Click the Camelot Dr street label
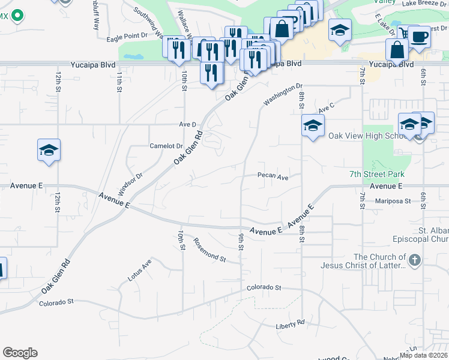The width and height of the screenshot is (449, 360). click(x=166, y=146)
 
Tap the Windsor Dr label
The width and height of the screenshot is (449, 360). click(x=130, y=184)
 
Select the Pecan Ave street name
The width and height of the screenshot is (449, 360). click(x=273, y=177)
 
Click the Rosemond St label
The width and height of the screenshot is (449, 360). click(x=209, y=250)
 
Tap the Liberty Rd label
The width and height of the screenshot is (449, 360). click(x=291, y=323)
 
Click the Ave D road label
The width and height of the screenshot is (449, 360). click(x=188, y=124)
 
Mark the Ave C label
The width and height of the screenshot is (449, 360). click(x=326, y=108)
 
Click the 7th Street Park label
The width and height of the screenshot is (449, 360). click(x=377, y=174)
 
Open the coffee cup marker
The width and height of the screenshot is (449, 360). click(x=418, y=37)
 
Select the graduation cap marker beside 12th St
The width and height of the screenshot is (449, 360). click(x=49, y=150)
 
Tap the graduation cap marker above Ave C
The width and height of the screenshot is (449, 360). click(x=313, y=126)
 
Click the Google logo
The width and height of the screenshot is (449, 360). click(x=20, y=353)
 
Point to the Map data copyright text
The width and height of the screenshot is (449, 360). click(x=424, y=355)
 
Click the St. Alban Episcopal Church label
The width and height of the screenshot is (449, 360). click(x=429, y=235)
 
